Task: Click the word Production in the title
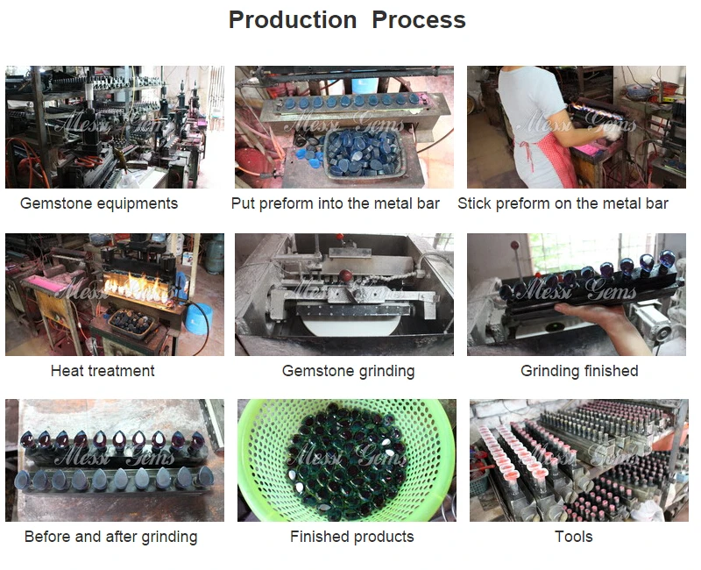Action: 293,19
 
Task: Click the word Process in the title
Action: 419,19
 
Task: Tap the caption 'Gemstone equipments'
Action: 99,204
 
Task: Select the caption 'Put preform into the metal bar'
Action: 336,203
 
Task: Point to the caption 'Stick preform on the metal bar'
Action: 563,203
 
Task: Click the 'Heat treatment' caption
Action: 103,371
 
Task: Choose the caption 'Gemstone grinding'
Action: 348,371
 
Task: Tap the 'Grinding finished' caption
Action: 579,371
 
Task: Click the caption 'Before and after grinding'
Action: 111,537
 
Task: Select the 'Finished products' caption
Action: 352,537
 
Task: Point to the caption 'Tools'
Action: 574,537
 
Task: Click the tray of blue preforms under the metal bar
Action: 364,153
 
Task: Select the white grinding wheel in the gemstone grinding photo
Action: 349,325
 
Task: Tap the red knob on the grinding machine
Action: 345,275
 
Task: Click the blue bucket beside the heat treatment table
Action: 199,318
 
